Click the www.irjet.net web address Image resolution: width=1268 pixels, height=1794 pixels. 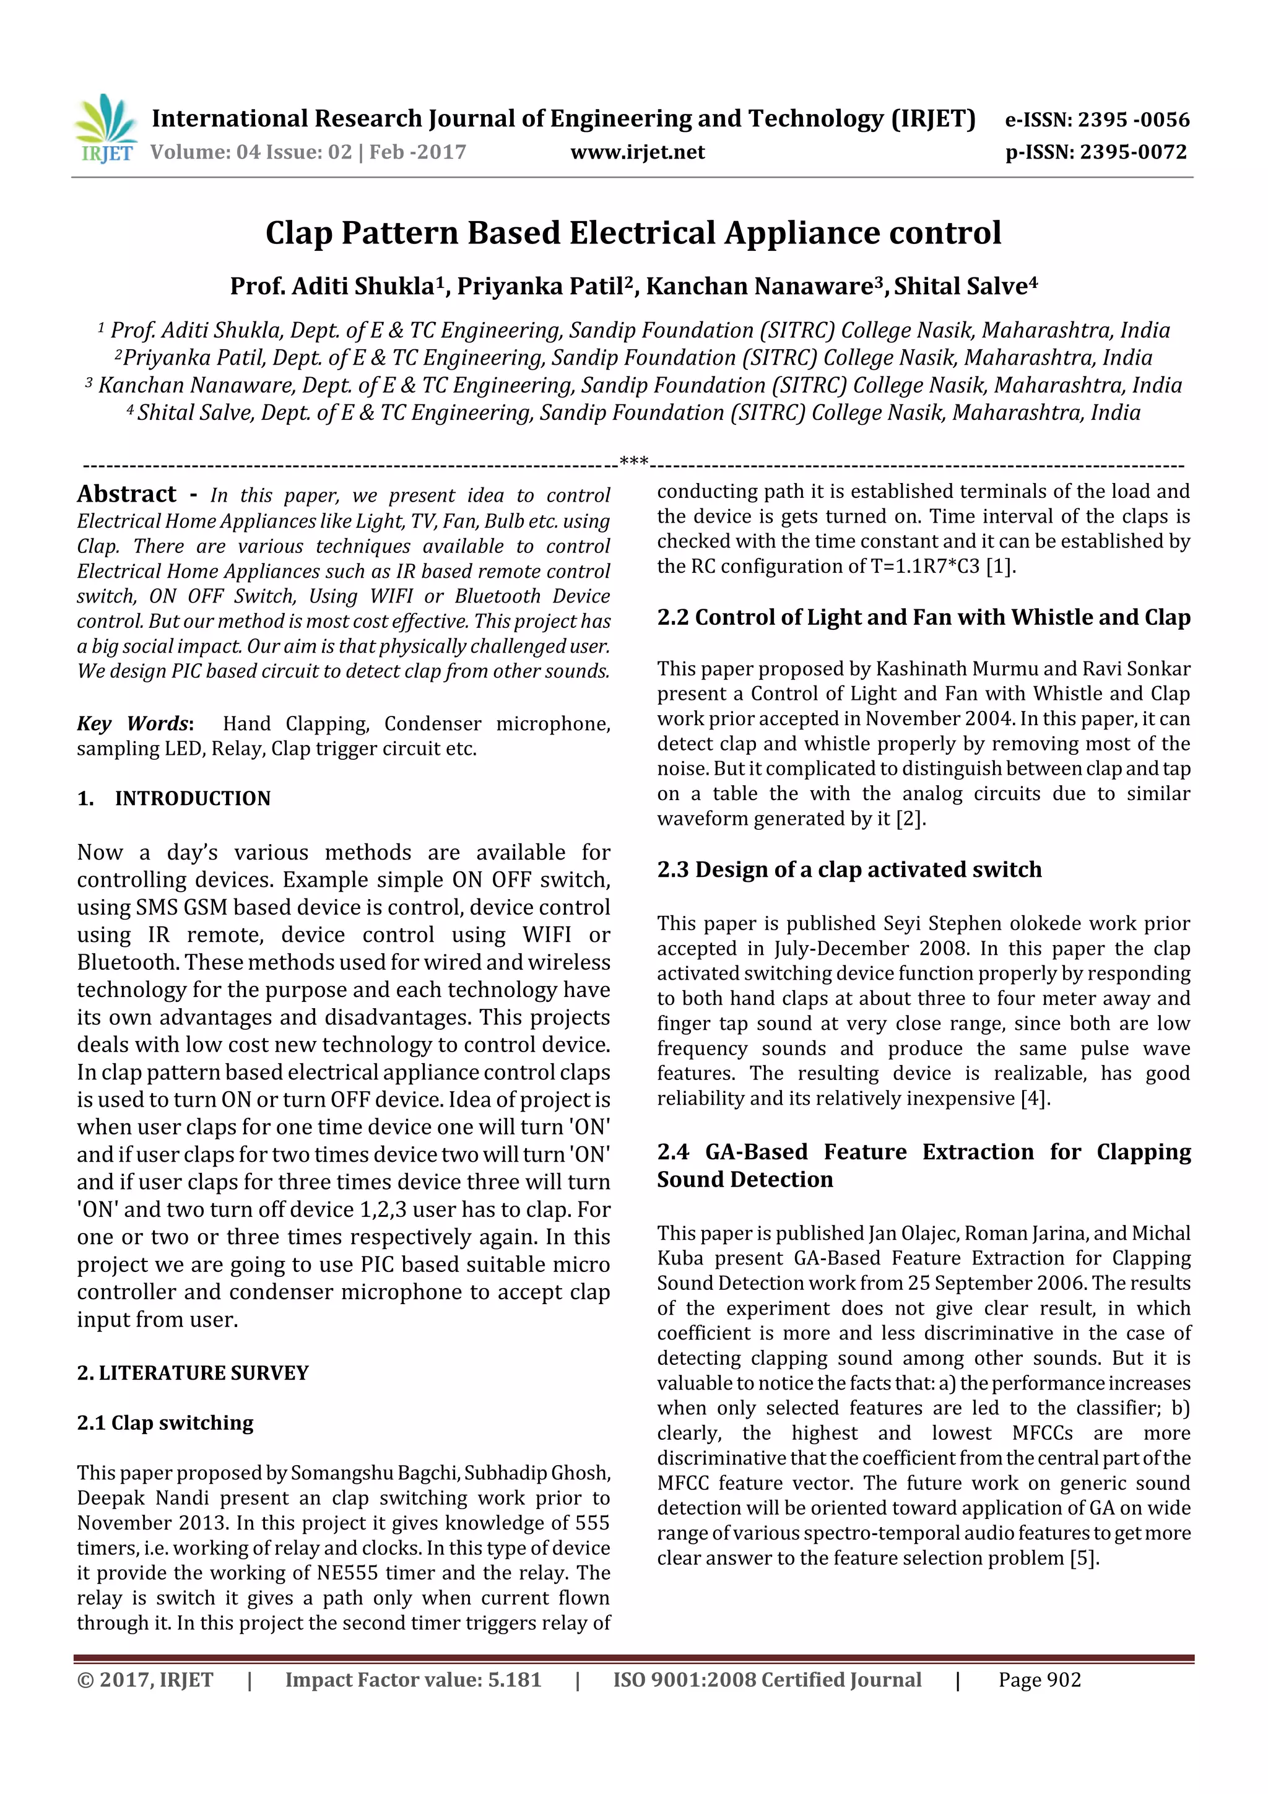point(638,152)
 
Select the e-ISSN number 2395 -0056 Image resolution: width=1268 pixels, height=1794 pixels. point(1133,120)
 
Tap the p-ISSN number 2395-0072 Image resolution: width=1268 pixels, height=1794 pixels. point(1133,152)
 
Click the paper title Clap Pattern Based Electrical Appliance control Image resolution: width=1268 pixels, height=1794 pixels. point(633,233)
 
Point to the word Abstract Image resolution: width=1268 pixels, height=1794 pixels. point(126,494)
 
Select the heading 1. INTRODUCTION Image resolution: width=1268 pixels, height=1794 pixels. point(173,799)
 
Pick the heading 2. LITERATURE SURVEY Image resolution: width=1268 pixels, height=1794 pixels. point(192,1373)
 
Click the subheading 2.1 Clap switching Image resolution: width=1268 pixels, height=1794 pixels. point(165,1423)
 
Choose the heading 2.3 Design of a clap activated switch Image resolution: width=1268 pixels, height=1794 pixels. point(849,869)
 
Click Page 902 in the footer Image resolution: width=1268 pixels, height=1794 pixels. point(1039,1680)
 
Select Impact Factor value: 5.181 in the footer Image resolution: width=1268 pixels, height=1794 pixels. point(412,1680)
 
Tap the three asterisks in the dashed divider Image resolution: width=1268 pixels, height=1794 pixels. point(633,463)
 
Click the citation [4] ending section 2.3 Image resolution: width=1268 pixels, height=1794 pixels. point(1035,1099)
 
